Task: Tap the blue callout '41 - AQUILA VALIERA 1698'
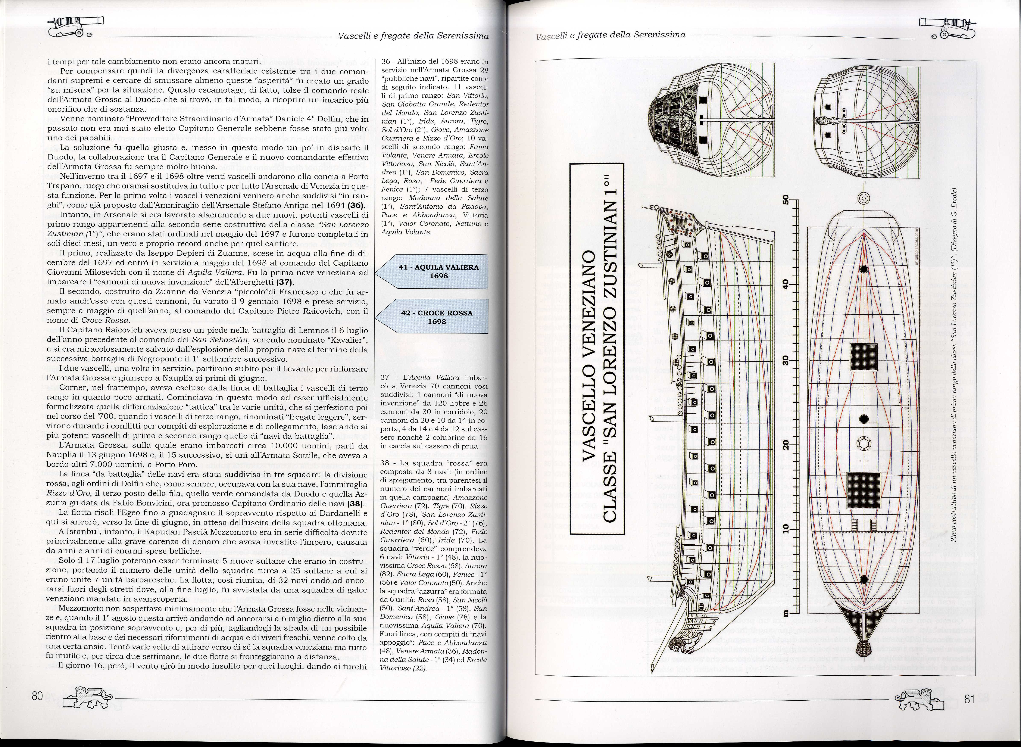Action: (432, 271)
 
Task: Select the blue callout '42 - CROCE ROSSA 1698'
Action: (432, 317)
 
